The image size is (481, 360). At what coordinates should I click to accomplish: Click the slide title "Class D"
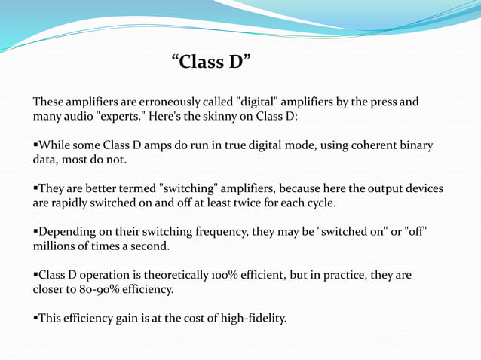point(211,62)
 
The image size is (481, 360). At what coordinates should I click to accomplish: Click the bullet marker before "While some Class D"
point(35,145)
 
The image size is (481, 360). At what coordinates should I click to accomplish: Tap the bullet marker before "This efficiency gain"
point(35,319)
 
